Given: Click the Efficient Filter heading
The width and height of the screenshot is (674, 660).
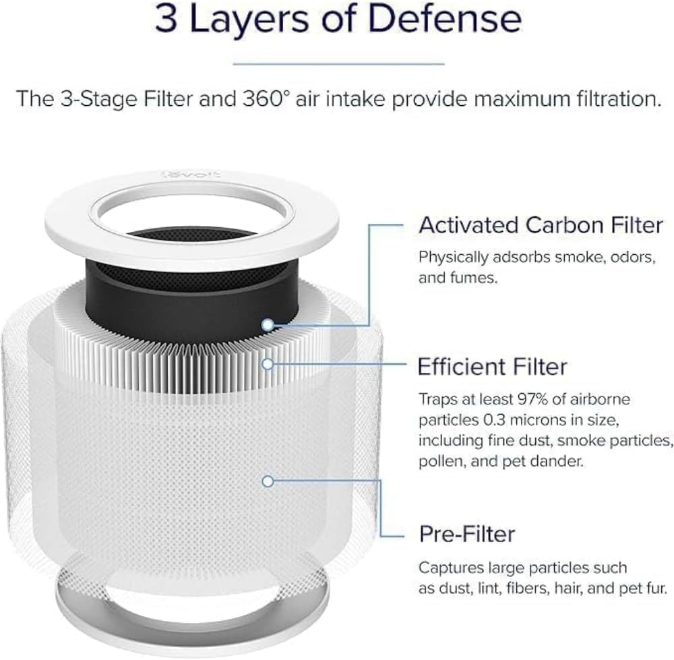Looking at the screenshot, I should click(x=492, y=367).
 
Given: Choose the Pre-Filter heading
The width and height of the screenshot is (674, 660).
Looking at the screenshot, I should click(x=466, y=534).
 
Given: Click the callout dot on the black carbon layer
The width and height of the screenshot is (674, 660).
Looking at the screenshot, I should click(x=268, y=324).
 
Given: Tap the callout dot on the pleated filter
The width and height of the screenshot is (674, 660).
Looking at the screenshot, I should click(x=268, y=364).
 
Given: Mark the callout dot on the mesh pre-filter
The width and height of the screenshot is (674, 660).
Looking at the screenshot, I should click(x=268, y=481).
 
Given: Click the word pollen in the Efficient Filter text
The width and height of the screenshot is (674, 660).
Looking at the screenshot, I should click(x=439, y=462).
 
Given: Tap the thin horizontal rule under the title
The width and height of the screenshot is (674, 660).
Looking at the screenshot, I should click(x=338, y=64).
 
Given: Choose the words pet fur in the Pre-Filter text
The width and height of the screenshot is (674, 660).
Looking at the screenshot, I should click(x=641, y=589).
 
